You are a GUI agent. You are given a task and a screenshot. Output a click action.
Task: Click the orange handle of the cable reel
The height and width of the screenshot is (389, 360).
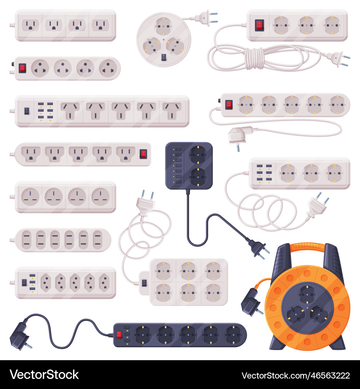tap(307, 247)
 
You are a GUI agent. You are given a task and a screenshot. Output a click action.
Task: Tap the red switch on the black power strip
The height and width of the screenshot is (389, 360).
tap(118, 335)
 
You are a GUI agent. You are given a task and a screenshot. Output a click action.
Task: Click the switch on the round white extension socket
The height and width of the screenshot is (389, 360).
tap(163, 57)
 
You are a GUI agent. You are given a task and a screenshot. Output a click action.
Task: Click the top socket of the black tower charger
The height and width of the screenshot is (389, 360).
tap(198, 155)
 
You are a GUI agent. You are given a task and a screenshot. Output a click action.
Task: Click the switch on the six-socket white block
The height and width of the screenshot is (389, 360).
tap(144, 283)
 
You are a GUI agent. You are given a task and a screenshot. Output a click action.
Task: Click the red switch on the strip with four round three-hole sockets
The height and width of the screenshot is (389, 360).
tap(22, 68)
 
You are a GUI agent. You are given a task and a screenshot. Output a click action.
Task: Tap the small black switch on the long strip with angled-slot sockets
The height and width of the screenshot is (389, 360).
tap(27, 111)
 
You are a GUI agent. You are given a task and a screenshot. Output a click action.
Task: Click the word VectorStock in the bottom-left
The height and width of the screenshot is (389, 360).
tap(44, 375)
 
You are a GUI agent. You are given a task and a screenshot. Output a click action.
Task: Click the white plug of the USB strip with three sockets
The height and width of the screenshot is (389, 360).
tap(316, 207)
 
